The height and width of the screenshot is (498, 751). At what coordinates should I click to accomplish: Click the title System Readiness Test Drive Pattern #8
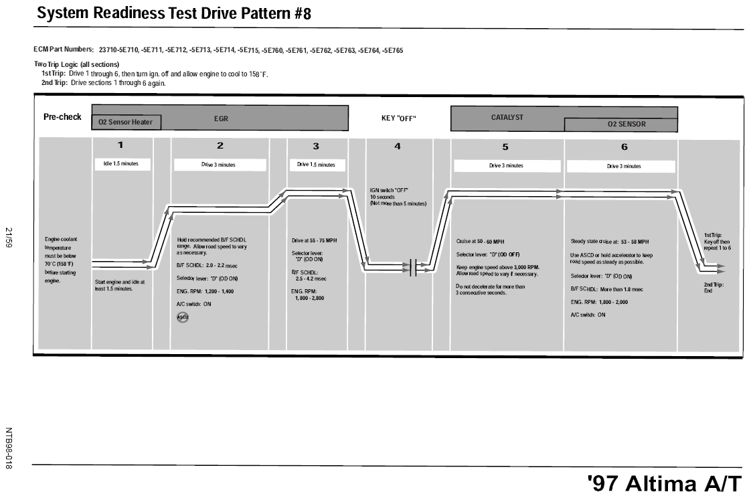[174, 13]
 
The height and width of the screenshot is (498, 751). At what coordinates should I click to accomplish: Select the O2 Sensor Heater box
[126, 122]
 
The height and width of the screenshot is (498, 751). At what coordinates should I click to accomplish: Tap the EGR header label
[221, 118]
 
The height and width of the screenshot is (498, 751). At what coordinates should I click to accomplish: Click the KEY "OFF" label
[398, 118]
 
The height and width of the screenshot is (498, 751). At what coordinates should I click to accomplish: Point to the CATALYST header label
[507, 117]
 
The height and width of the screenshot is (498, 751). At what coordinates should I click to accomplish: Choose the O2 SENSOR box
[621, 124]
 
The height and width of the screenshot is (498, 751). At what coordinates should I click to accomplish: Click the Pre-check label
[62, 117]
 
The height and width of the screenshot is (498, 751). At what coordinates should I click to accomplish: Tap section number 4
[398, 146]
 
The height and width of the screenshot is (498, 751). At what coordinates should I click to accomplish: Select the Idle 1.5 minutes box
[122, 164]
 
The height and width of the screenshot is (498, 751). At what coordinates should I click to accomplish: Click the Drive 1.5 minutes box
[316, 165]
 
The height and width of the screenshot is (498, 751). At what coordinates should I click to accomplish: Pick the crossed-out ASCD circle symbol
[183, 317]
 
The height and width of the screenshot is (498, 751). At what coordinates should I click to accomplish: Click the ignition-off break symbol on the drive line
[413, 266]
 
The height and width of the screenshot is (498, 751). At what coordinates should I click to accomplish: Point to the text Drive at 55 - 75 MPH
[314, 240]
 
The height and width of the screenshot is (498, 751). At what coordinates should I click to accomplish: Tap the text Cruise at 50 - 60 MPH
[480, 242]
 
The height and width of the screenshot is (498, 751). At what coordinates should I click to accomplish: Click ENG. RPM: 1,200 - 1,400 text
[205, 291]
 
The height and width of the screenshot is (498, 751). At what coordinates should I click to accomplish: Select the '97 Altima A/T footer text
[664, 484]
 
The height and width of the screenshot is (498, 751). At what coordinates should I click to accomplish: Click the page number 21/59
[9, 237]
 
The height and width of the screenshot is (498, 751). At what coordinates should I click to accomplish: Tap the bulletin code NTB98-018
[9, 448]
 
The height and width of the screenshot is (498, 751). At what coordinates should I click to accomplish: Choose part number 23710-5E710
[118, 50]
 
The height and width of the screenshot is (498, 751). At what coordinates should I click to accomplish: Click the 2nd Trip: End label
[714, 287]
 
